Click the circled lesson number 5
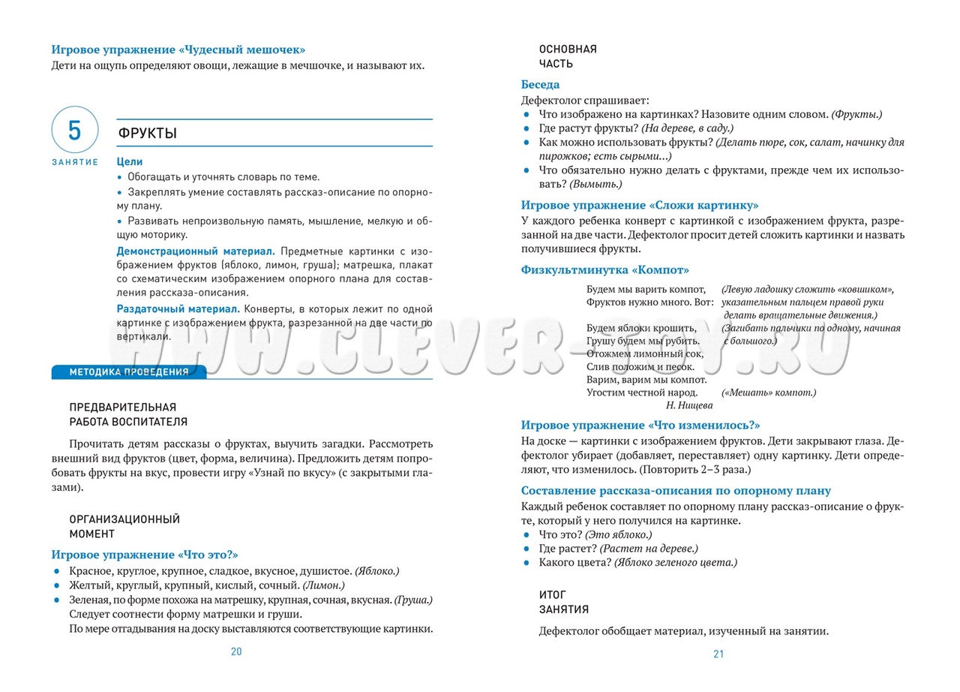point(74,131)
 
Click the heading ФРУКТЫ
point(148,134)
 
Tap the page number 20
point(236,651)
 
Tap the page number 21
point(718,654)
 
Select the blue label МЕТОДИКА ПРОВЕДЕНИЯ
point(128,372)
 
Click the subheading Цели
point(130,161)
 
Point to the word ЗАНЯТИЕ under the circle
point(75,162)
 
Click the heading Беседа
point(540,85)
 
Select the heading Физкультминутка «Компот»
point(604,269)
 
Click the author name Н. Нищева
point(689,405)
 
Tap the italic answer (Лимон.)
point(323,585)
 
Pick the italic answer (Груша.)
point(412,600)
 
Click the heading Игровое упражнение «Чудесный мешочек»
point(178,50)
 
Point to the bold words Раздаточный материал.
point(178,308)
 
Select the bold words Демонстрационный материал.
point(196,251)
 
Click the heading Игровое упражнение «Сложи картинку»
point(640,205)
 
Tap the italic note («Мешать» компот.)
point(769,393)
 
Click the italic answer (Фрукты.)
point(856,113)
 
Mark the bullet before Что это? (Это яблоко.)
point(526,534)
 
